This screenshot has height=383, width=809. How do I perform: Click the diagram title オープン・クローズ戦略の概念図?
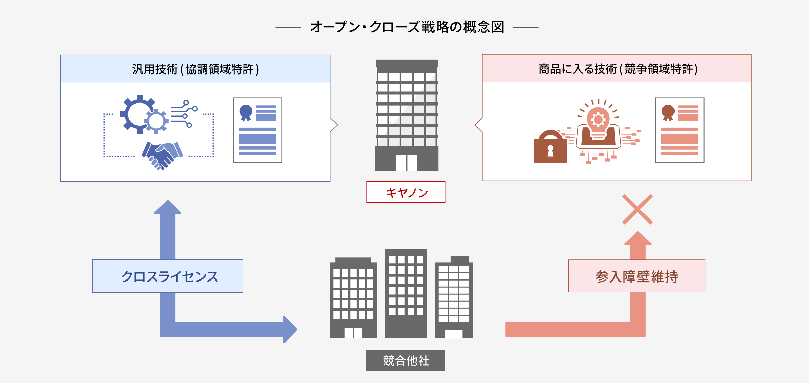pyautogui.click(x=407, y=27)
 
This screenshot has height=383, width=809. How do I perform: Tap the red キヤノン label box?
pyautogui.click(x=406, y=192)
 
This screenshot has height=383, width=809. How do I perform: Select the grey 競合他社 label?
pyautogui.click(x=406, y=360)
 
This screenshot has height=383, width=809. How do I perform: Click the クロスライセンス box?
pyautogui.click(x=168, y=276)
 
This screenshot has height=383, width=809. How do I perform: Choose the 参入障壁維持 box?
pyautogui.click(x=636, y=276)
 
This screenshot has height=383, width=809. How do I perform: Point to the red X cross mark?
pyautogui.click(x=637, y=209)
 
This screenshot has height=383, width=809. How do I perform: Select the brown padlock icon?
pyautogui.click(x=550, y=147)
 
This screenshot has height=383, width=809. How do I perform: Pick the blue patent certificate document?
pyautogui.click(x=258, y=130)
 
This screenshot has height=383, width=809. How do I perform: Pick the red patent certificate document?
pyautogui.click(x=680, y=130)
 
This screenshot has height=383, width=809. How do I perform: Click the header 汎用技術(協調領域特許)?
pyautogui.click(x=196, y=69)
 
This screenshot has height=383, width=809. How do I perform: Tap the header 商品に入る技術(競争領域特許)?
pyautogui.click(x=617, y=69)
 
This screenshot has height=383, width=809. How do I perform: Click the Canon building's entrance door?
pyautogui.click(x=407, y=163)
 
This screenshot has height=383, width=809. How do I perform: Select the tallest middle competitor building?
pyautogui.click(x=406, y=293)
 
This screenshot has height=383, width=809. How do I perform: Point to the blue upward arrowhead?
pyautogui.click(x=168, y=208)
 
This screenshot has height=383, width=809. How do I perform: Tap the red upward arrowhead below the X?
pyautogui.click(x=638, y=239)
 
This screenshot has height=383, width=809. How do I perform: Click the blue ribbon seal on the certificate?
pyautogui.click(x=246, y=112)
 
